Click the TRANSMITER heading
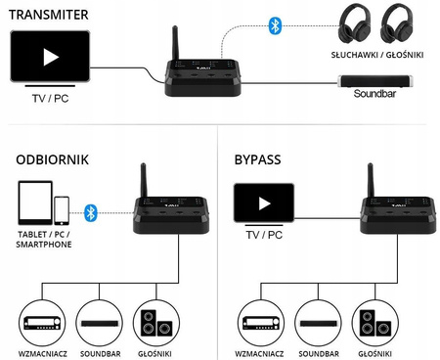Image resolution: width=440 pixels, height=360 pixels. click(48, 14)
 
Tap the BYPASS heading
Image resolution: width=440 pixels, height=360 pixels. click(261, 157)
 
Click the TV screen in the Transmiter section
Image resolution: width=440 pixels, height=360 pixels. click(50, 55)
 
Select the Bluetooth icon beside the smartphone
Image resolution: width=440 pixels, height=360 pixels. click(91, 210)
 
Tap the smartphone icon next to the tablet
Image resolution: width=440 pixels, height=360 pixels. click(62, 209)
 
